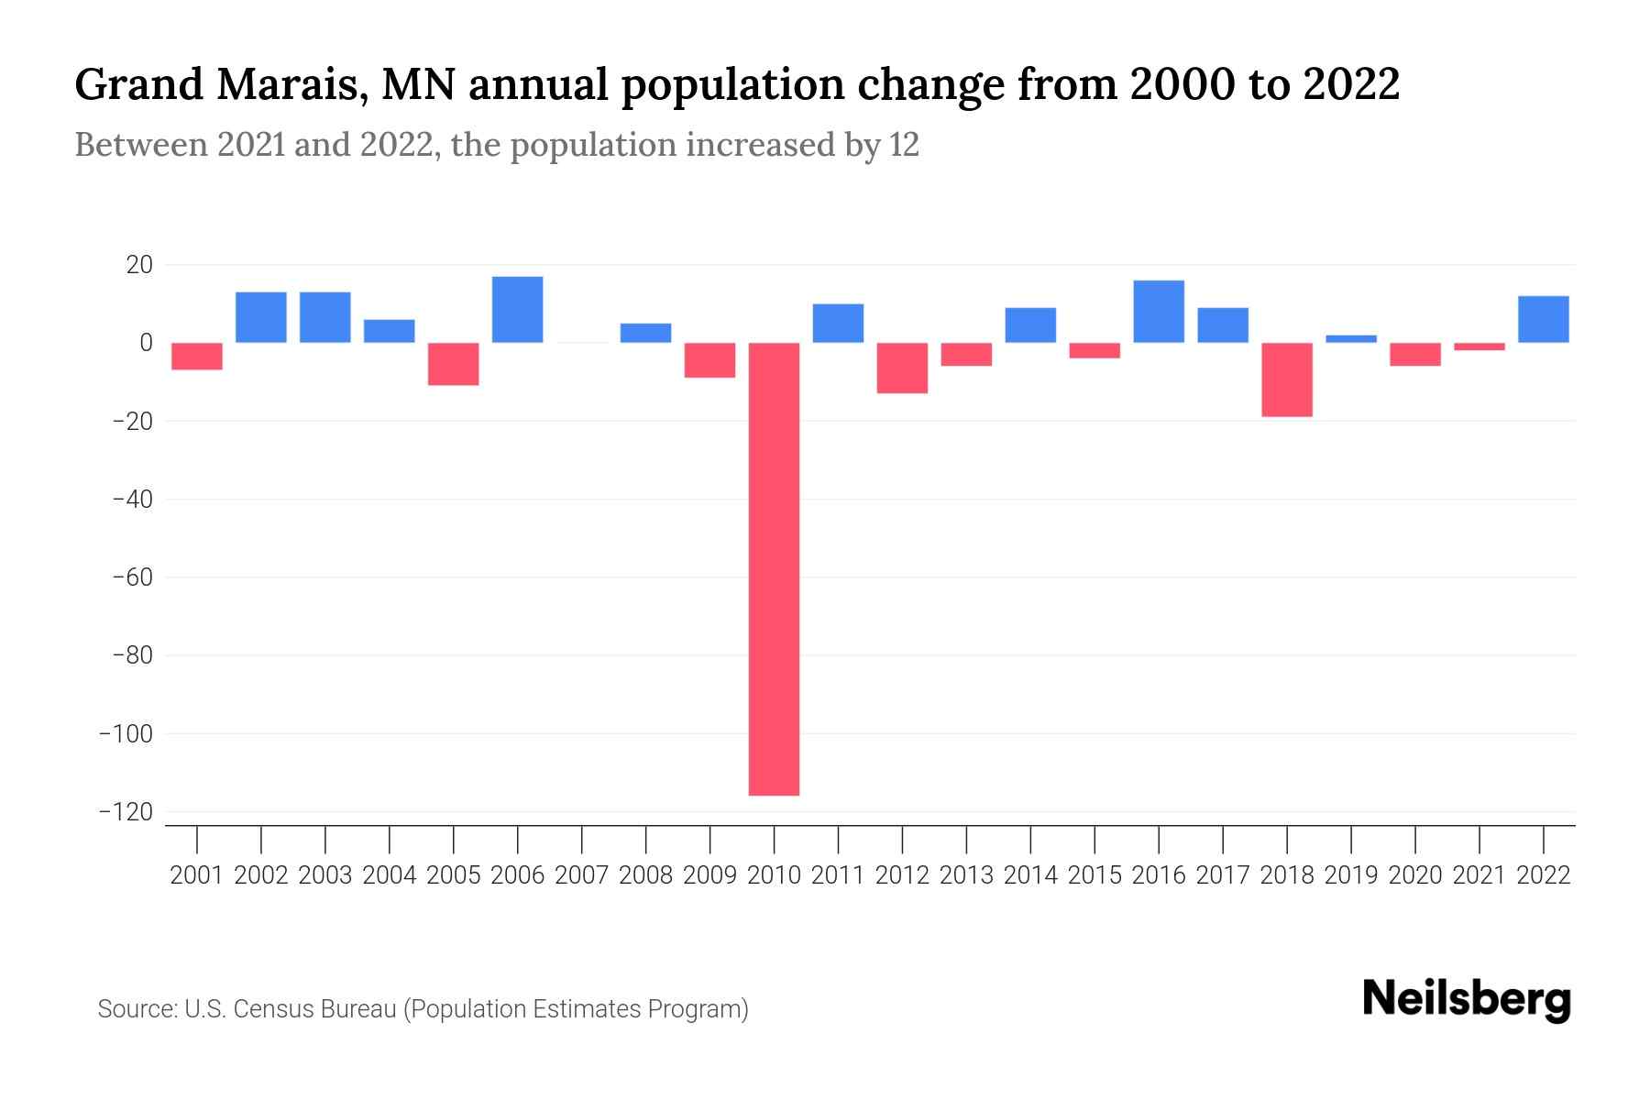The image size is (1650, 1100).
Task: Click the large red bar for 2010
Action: coord(774,568)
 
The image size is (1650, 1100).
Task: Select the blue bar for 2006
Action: coord(517,310)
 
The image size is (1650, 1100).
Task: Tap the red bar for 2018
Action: coord(1287,379)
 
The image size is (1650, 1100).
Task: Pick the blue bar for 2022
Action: coord(1544,319)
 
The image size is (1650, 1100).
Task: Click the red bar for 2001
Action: coord(197,356)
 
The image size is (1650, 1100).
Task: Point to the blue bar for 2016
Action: coord(1159,312)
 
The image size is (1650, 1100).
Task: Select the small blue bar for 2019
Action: coord(1351,339)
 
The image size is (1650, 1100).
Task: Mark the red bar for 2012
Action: coord(902,368)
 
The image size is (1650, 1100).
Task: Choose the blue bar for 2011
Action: coord(838,323)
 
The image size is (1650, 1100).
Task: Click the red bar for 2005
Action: coord(454,364)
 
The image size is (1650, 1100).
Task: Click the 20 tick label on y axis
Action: coord(139,265)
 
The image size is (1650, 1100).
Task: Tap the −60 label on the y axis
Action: coord(132,577)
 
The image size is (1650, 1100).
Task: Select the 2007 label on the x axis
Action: coord(582,875)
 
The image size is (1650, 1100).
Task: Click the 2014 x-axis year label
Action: coord(1030,875)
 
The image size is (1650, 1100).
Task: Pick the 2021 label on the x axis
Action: coord(1479,875)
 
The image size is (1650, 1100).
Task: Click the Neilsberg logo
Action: coord(1467,999)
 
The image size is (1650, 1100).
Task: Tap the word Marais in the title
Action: coord(294,84)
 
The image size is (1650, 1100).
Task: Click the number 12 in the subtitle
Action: coord(903,145)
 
